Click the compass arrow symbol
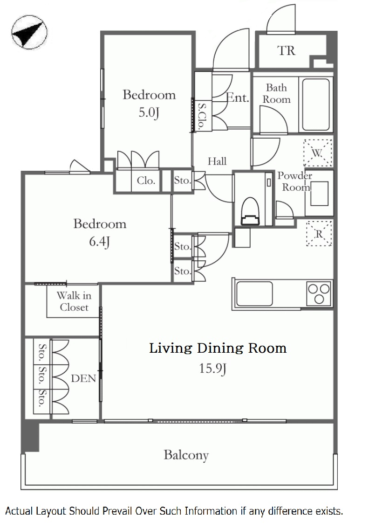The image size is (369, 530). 28,32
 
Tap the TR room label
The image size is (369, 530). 286,51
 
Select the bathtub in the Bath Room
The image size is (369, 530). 316,105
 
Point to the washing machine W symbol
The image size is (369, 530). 318,153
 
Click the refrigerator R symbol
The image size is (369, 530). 319,234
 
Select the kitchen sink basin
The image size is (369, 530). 254,293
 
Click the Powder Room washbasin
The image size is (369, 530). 319,193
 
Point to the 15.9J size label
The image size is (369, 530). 212,368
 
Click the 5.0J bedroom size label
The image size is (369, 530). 149,112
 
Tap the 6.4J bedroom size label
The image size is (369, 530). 99,242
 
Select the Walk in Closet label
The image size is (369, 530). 74,301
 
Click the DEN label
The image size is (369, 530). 83,378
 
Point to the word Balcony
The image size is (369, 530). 186,455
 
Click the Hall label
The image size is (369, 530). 217,161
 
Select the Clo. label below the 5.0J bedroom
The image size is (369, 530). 146,181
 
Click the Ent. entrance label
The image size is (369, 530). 238,98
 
